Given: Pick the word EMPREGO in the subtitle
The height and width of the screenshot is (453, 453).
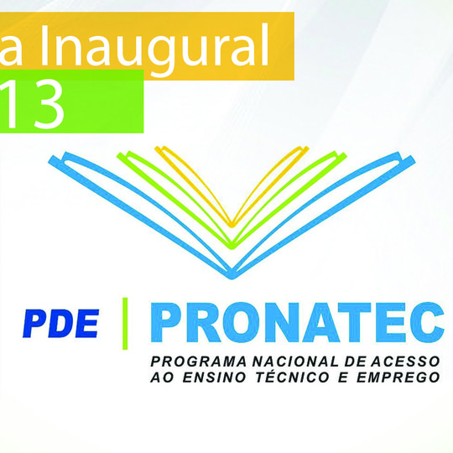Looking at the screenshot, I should [402, 377].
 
